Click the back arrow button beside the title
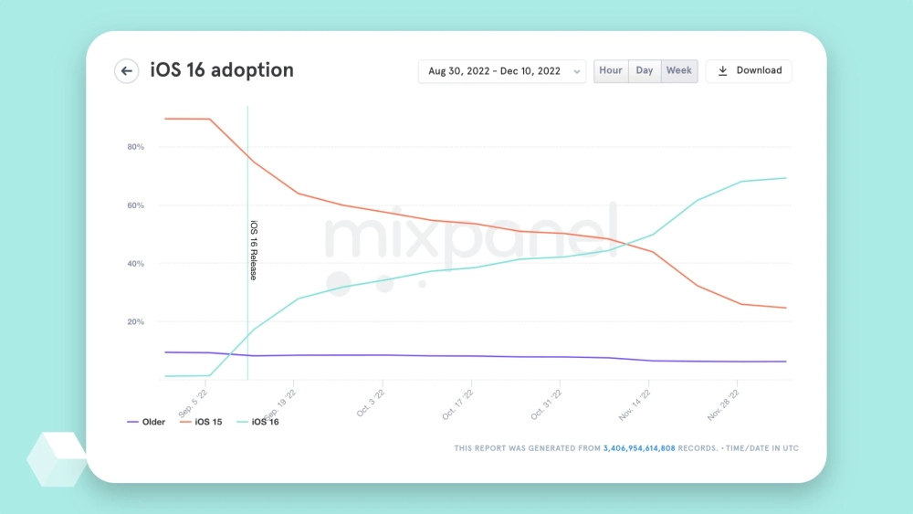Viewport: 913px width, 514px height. click(126, 71)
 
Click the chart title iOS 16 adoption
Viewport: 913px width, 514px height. click(222, 71)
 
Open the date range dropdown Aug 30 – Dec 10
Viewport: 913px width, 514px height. click(501, 71)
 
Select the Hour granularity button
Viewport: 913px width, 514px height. click(611, 71)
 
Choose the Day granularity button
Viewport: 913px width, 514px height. click(645, 71)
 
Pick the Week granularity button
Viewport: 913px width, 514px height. click(678, 71)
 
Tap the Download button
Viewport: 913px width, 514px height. click(749, 71)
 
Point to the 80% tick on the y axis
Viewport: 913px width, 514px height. click(135, 147)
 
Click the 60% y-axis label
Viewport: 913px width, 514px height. click(135, 205)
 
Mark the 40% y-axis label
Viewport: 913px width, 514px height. click(135, 264)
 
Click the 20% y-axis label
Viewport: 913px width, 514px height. click(135, 322)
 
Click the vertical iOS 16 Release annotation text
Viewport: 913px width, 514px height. click(254, 249)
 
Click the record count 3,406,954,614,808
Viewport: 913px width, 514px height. click(639, 448)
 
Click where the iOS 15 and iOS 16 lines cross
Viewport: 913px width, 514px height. click(627, 244)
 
